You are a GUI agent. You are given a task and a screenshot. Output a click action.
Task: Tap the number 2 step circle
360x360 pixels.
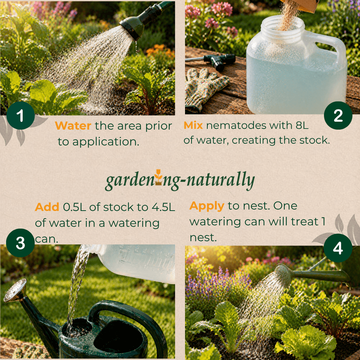point(338,116)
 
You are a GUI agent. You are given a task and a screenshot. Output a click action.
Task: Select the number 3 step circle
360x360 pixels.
point(21,243)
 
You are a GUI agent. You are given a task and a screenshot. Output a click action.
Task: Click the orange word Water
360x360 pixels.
point(73,126)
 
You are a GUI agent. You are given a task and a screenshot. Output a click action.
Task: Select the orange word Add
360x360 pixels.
point(47,207)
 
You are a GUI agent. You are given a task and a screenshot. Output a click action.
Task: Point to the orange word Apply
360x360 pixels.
point(207,206)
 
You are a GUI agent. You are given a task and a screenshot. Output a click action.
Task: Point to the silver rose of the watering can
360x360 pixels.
point(15,290)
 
